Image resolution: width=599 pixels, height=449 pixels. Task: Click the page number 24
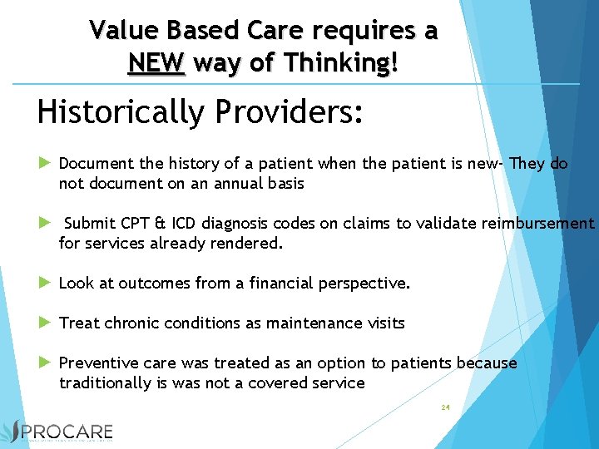445,407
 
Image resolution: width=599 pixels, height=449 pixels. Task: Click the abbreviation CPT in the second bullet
134,224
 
